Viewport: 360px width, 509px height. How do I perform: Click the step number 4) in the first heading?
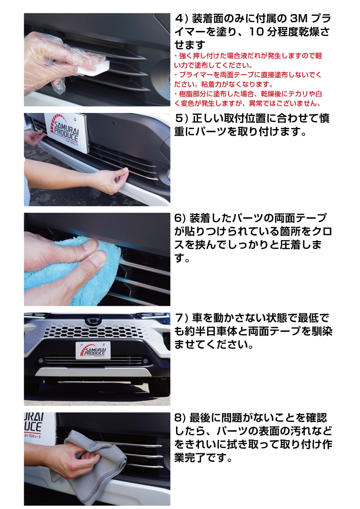click(x=181, y=19)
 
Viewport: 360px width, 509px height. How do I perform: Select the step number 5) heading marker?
click(x=181, y=118)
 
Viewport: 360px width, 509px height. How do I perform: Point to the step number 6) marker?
click(x=180, y=218)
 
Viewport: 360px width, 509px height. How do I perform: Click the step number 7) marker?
click(x=181, y=318)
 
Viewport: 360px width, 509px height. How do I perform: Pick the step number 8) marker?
click(x=180, y=418)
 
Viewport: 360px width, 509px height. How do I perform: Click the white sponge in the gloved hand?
click(x=94, y=68)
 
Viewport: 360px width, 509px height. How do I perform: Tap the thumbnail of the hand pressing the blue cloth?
click(x=97, y=259)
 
